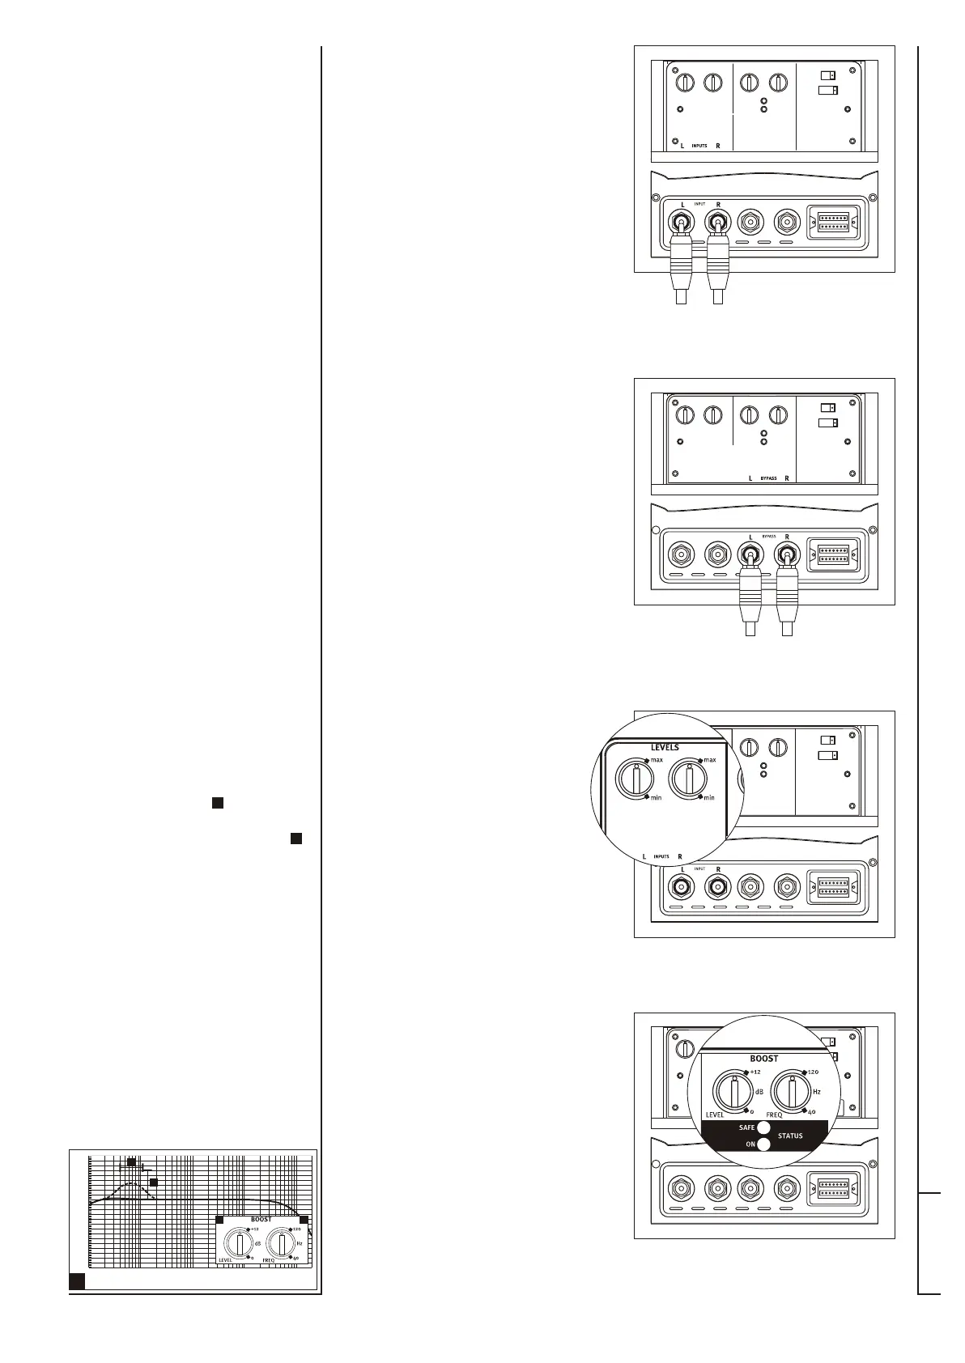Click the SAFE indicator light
763,1127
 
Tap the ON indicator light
763,1144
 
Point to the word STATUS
790,1136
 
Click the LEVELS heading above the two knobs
665,747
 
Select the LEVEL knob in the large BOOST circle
733,1095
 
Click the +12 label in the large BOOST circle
755,1072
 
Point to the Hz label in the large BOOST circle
816,1092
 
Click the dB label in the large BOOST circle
759,1092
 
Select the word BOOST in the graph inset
261,1219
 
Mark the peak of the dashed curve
131,1183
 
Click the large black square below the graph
77,1280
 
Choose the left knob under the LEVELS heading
636,780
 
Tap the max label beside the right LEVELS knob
710,760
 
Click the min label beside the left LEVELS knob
656,798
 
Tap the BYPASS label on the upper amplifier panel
768,478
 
